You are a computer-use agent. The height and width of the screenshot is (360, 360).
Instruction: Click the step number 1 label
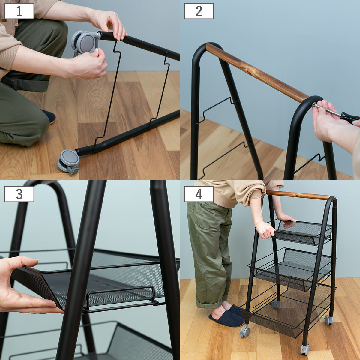[x=19, y=11]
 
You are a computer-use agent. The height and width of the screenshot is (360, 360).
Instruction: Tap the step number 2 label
[x=199, y=11]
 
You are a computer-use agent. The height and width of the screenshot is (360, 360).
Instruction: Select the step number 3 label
[x=19, y=194]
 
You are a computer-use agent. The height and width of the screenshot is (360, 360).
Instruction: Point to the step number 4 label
[x=199, y=194]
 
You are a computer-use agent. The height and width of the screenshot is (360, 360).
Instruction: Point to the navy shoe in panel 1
[x=49, y=116]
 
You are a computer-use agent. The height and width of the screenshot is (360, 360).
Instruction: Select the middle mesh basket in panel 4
[x=291, y=268]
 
